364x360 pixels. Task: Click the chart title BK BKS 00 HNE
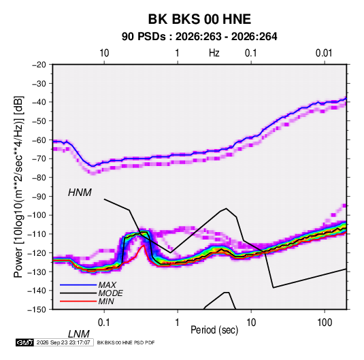tap(199, 19)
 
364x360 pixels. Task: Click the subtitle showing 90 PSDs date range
tap(199, 37)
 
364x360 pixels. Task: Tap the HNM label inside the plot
tap(80, 193)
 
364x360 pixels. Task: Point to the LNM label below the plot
tap(79, 334)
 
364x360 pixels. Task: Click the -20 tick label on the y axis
tap(39, 65)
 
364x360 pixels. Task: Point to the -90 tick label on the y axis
tap(39, 196)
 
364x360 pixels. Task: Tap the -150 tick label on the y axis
tap(37, 310)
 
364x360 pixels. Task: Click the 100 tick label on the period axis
tap(325, 323)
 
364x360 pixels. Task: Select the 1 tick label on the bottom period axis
tap(178, 323)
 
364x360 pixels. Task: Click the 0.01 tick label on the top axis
tap(324, 53)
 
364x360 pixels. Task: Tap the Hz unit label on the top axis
tap(214, 53)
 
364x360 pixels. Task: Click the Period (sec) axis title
tap(214, 330)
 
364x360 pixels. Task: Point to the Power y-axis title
tap(18, 187)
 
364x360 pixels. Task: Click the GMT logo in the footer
tap(24, 342)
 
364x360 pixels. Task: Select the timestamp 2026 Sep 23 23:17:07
tap(63, 342)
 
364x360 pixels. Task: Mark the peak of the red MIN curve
tap(144, 245)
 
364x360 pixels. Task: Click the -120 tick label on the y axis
tap(37, 252)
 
